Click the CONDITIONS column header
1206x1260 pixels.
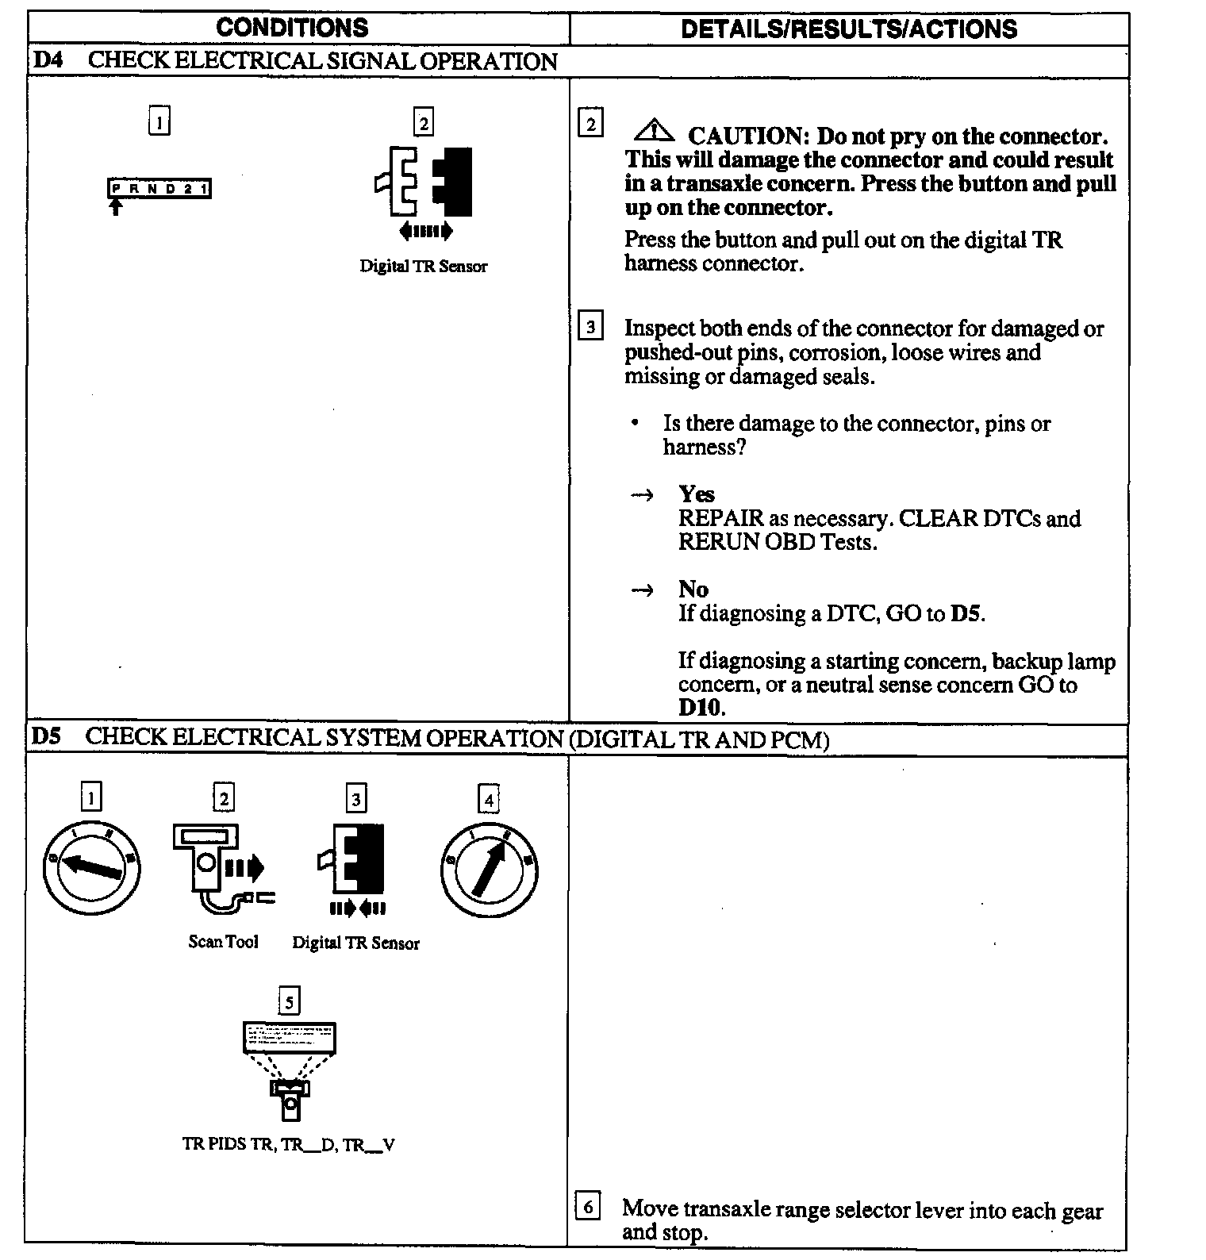tap(292, 28)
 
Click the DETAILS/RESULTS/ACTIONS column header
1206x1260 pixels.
tap(848, 29)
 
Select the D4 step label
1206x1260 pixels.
tap(48, 61)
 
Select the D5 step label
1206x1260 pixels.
tap(46, 736)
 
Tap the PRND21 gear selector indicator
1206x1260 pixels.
tap(159, 189)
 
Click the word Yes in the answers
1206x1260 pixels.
tap(696, 494)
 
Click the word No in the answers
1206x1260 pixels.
tap(693, 589)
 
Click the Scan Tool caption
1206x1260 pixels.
tap(223, 942)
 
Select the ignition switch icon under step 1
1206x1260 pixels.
tap(91, 869)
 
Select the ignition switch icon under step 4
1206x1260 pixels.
tap(489, 869)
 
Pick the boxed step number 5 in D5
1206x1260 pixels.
tap(289, 1002)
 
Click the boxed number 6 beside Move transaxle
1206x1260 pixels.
tap(587, 1207)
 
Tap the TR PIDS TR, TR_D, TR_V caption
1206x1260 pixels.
tap(289, 1144)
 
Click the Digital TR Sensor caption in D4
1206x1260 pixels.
tap(423, 267)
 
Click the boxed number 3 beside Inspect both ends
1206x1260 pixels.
tap(590, 327)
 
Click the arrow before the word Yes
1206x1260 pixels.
tap(642, 495)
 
